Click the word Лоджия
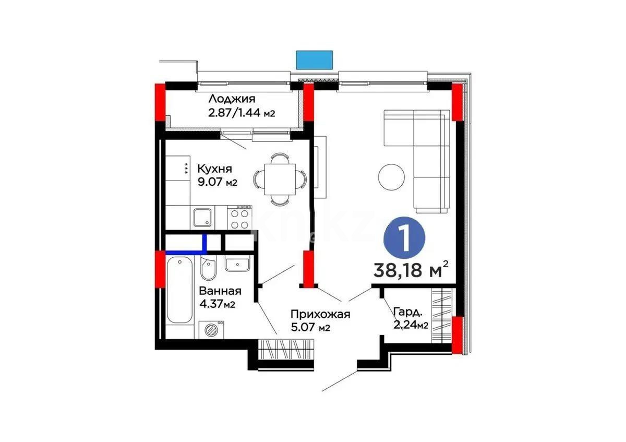click(x=232, y=99)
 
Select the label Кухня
click(x=214, y=169)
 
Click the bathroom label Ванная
click(x=220, y=291)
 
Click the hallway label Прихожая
click(x=320, y=314)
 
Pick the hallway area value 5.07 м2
click(x=310, y=327)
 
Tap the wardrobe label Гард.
click(x=407, y=313)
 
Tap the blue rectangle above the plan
click(x=315, y=59)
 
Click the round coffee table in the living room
click(x=391, y=176)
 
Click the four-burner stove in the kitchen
click(x=240, y=218)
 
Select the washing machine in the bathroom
click(x=212, y=330)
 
